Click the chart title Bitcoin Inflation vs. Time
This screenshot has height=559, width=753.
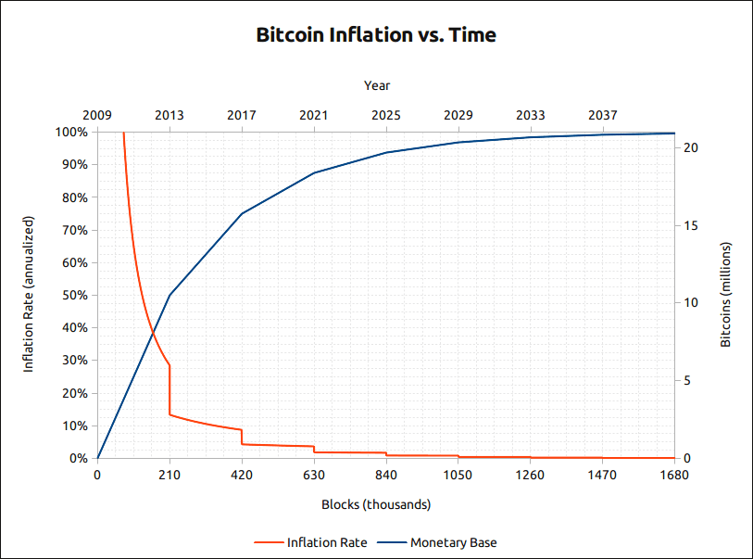point(376,35)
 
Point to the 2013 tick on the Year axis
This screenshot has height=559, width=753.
point(169,115)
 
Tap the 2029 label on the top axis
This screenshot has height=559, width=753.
point(458,115)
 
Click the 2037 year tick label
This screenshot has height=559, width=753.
point(603,115)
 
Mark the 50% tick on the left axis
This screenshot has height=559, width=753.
point(75,296)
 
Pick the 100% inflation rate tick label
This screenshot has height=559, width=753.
point(72,133)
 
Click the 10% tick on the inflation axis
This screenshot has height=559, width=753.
point(75,426)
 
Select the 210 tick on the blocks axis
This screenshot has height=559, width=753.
point(169,476)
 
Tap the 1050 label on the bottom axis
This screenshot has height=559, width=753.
point(458,476)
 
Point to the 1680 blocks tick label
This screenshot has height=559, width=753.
point(674,476)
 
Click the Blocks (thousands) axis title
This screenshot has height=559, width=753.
point(376,505)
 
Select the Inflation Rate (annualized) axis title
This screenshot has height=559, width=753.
point(29,295)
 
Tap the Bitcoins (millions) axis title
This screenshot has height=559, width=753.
point(726,295)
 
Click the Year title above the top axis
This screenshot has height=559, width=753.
point(377,85)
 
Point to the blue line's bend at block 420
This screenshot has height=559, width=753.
point(242,213)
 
